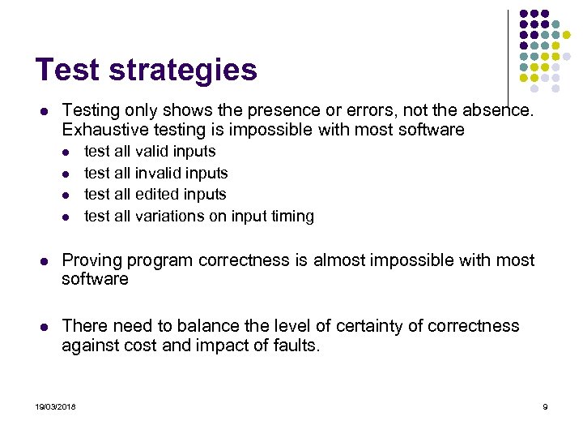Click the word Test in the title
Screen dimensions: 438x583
[x=66, y=70]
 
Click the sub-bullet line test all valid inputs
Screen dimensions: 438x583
[x=150, y=152]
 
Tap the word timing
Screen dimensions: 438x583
[x=292, y=217]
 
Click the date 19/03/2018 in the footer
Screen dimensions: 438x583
[x=56, y=406]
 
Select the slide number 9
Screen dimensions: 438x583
[x=545, y=406]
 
